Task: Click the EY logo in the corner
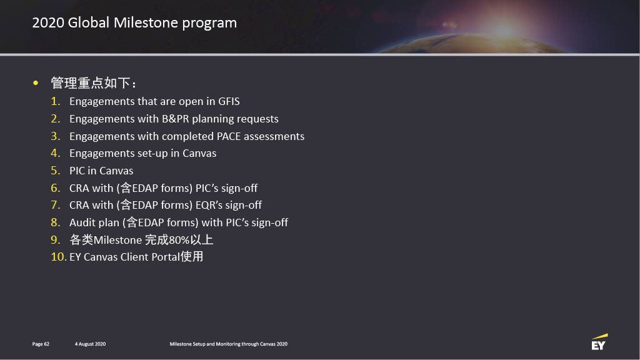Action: coord(599,342)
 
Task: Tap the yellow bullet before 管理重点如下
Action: coord(36,83)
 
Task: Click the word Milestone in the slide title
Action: coord(146,22)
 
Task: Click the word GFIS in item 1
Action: coord(229,101)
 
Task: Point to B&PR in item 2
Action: coord(176,119)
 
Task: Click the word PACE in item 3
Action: coord(229,136)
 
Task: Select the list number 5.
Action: coord(56,171)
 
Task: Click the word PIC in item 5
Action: coord(77,171)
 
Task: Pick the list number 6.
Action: coord(56,187)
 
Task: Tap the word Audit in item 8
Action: coord(82,222)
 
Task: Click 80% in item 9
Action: coord(179,240)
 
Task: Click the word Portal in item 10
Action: coord(166,257)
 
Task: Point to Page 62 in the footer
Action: coord(41,344)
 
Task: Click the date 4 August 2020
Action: coord(90,344)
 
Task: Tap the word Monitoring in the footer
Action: coord(227,344)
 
